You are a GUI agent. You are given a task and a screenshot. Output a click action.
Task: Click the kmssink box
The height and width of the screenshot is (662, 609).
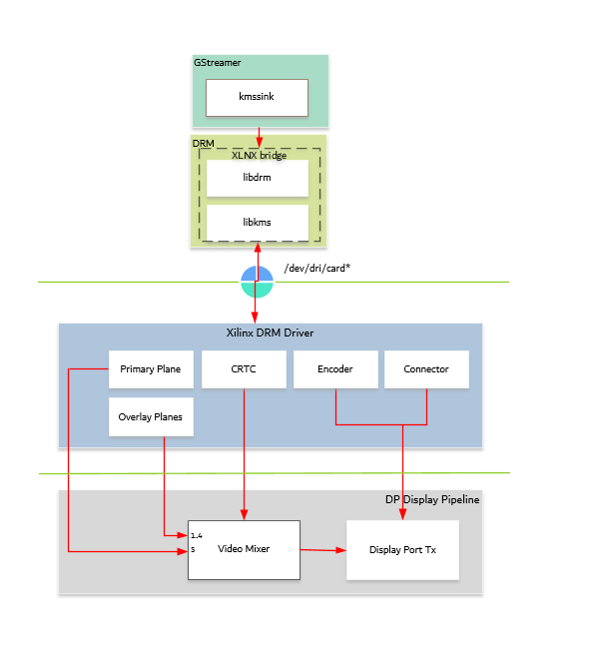pyautogui.click(x=257, y=98)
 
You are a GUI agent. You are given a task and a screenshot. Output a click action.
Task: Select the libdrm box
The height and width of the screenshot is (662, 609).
pyautogui.click(x=257, y=178)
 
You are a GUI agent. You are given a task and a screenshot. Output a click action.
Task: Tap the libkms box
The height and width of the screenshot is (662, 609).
pyautogui.click(x=257, y=222)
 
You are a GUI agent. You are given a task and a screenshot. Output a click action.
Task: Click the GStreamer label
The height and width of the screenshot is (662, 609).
pyautogui.click(x=218, y=63)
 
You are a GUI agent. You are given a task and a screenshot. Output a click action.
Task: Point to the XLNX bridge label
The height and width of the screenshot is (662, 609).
pyautogui.click(x=258, y=155)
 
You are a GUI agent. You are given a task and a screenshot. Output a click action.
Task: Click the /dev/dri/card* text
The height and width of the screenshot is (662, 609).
pyautogui.click(x=316, y=268)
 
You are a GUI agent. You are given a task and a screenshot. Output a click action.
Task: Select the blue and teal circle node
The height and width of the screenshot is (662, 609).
pyautogui.click(x=257, y=282)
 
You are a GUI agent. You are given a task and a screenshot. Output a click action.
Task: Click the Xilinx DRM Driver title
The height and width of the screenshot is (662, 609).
pyautogui.click(x=270, y=332)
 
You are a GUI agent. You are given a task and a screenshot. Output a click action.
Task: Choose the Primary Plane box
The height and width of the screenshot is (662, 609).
pyautogui.click(x=150, y=369)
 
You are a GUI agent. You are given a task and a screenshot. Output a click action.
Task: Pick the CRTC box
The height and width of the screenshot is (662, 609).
pyautogui.click(x=243, y=369)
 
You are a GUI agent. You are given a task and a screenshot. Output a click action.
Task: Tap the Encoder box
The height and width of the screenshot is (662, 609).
pyautogui.click(x=334, y=369)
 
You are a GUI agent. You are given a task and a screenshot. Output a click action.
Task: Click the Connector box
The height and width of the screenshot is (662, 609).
pyautogui.click(x=426, y=369)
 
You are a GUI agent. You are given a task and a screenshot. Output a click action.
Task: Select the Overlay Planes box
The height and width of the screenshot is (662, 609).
pyautogui.click(x=150, y=417)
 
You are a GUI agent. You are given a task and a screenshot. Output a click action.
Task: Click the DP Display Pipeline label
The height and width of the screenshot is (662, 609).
pyautogui.click(x=432, y=499)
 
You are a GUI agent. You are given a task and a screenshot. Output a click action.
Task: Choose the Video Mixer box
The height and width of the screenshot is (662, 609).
pyautogui.click(x=244, y=549)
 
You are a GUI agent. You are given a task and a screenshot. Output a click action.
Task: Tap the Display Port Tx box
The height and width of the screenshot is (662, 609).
pyautogui.click(x=401, y=550)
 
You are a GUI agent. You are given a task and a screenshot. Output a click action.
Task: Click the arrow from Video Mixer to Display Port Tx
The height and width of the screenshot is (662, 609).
pyautogui.click(x=322, y=550)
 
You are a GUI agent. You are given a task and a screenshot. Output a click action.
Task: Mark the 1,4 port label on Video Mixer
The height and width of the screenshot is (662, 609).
pyautogui.click(x=197, y=536)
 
